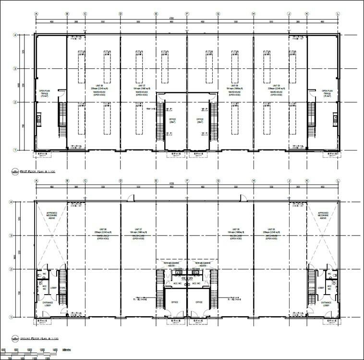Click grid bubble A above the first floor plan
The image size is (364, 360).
pos(36,13)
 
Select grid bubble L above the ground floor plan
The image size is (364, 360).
pos(338,181)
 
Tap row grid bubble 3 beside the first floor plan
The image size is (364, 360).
pos(15,69)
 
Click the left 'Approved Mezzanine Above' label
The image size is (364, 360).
pos(51,215)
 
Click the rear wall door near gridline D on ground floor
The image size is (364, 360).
pos(129,198)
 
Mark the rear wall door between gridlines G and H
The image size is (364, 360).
pos(243,198)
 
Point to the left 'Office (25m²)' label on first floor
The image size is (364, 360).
pos(173,121)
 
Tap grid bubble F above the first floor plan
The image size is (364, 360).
pos(187,13)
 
